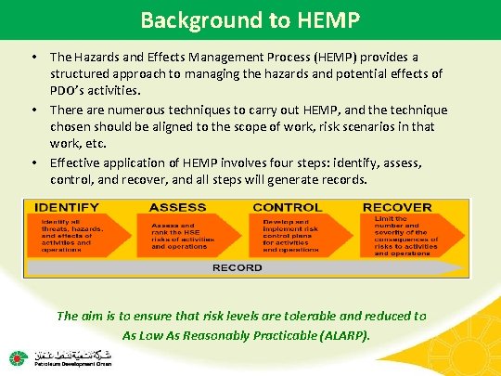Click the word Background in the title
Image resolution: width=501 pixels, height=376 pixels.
[x=189, y=18]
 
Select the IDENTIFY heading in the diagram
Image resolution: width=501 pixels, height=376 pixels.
[x=69, y=207]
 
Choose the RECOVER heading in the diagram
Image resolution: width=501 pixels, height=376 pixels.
[x=397, y=207]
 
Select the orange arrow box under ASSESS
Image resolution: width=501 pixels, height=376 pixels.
[x=188, y=236]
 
